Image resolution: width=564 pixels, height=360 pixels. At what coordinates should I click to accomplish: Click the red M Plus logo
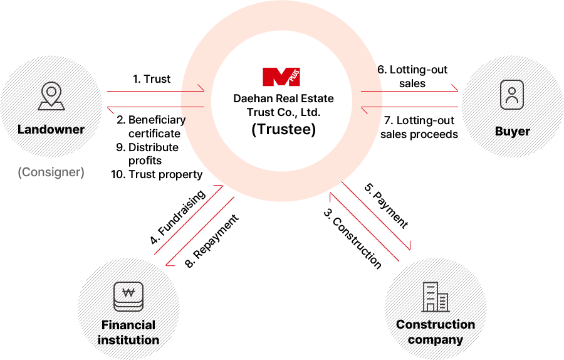tap(281, 77)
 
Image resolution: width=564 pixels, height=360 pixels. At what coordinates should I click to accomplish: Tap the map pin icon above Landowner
tap(51, 96)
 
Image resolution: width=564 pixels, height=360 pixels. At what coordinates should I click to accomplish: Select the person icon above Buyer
tap(512, 95)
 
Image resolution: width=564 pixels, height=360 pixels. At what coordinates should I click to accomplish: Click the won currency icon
tap(128, 296)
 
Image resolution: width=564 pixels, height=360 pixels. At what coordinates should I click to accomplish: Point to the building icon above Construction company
tap(436, 297)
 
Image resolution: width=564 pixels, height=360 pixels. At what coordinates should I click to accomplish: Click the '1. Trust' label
tap(152, 79)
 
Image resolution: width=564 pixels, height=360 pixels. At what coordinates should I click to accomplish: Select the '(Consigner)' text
tap(51, 172)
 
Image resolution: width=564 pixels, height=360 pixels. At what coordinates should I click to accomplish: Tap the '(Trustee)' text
tap(283, 129)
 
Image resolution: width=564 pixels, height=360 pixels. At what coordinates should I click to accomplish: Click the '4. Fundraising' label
tap(178, 217)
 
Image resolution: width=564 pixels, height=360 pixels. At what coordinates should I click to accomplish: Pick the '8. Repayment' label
tap(212, 241)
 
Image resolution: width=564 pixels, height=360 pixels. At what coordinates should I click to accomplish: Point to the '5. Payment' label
tap(387, 206)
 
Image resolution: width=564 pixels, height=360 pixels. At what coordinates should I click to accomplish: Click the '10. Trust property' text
tap(157, 174)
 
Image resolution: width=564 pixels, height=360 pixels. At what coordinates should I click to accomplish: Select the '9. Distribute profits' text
tap(147, 154)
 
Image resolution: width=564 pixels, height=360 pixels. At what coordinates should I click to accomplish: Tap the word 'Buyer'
tap(512, 132)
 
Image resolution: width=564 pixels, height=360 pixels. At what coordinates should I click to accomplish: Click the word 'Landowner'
tap(51, 129)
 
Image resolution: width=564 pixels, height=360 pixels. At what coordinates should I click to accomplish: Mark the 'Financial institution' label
tap(128, 332)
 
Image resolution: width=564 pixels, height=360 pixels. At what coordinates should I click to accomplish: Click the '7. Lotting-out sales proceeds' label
tap(419, 127)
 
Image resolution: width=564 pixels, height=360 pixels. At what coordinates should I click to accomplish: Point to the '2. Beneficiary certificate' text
tap(151, 126)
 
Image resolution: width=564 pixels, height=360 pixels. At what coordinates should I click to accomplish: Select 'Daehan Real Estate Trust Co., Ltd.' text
tap(283, 105)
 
